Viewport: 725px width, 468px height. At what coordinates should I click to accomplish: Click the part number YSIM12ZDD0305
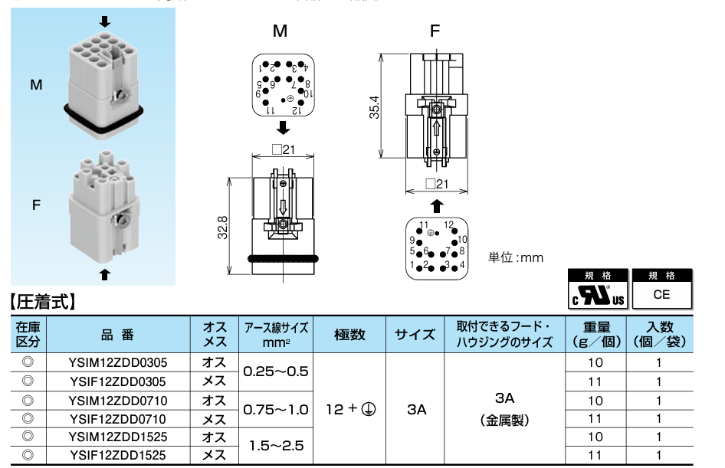(117, 362)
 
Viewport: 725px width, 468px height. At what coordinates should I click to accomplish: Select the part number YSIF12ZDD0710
(117, 419)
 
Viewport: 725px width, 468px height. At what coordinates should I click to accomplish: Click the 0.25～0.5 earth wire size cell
(275, 371)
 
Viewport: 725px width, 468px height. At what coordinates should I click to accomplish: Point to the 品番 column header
(117, 334)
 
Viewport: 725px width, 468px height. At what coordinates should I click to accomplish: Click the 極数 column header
(349, 334)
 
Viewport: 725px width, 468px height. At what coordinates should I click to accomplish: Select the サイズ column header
(416, 334)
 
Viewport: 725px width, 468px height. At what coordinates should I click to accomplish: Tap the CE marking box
(661, 293)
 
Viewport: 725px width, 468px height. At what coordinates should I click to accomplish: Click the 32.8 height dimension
(222, 227)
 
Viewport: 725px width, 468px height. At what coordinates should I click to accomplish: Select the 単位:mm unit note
(516, 257)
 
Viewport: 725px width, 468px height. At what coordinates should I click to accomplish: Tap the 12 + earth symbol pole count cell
(349, 409)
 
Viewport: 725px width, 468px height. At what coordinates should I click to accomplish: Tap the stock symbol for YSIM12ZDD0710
(28, 400)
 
